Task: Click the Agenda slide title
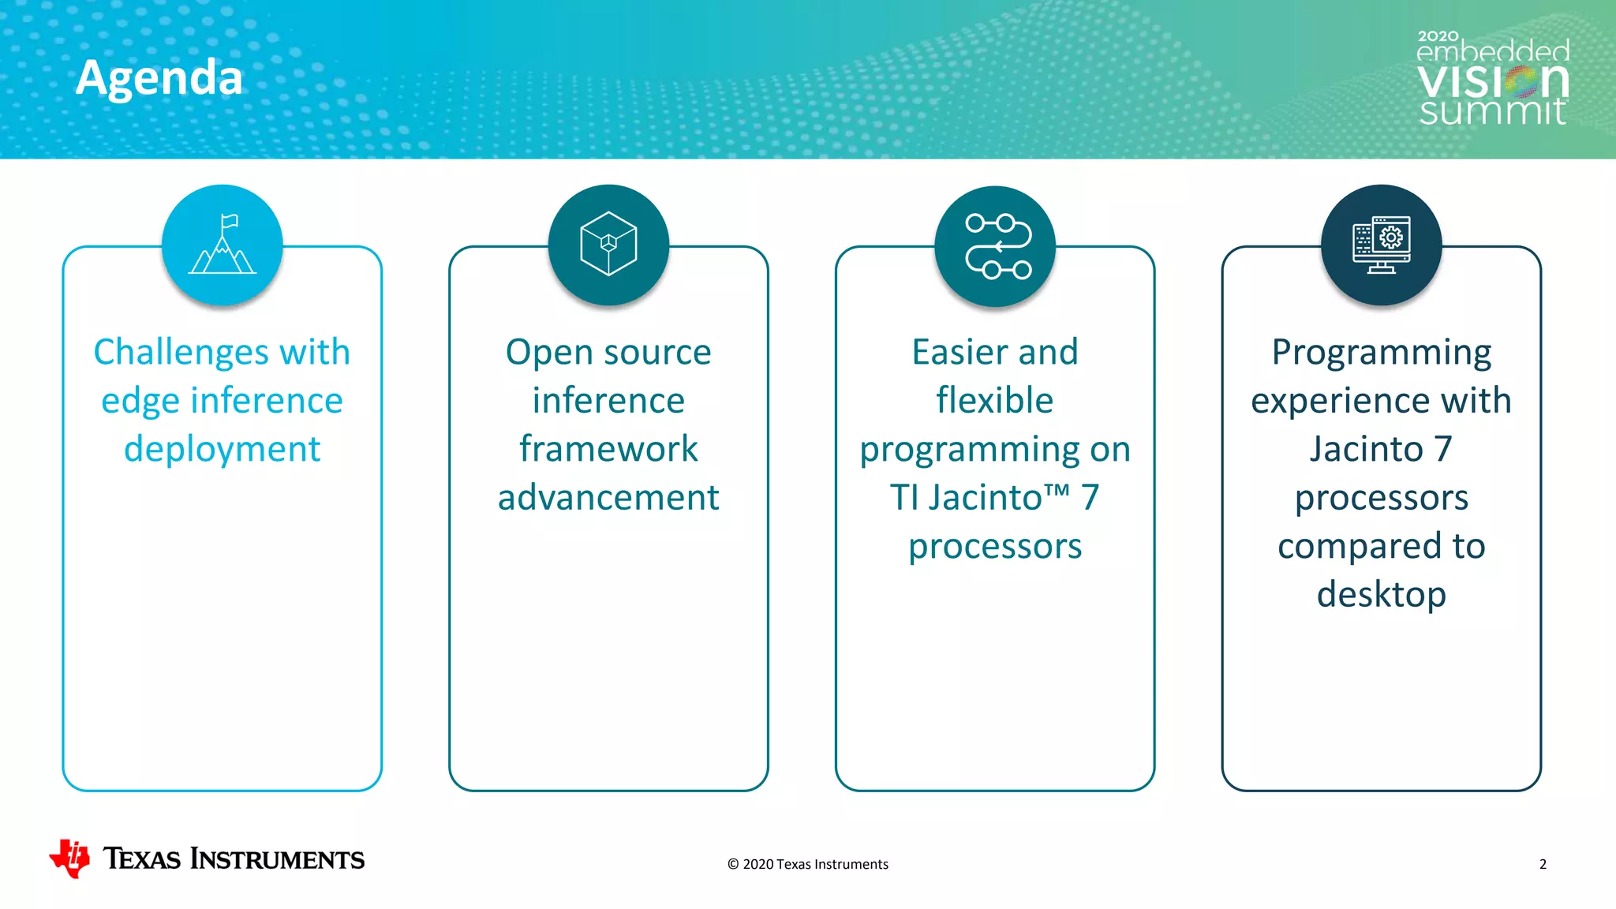coord(159,78)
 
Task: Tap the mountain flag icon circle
coord(223,245)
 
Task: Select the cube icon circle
coord(608,245)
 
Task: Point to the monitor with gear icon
coord(1381,245)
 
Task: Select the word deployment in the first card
coord(222,450)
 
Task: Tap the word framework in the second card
coord(608,449)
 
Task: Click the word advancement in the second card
coord(608,498)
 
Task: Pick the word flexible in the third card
coord(994,401)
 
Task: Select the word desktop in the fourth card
coord(1381,595)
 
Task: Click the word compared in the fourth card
coord(1350,547)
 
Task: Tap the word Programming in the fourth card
coord(1381,353)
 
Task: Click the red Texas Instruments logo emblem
coord(69,858)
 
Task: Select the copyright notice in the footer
coord(808,864)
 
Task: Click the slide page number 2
coord(1543,864)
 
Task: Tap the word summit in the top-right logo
coord(1492,111)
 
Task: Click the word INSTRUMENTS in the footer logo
coord(277,859)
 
